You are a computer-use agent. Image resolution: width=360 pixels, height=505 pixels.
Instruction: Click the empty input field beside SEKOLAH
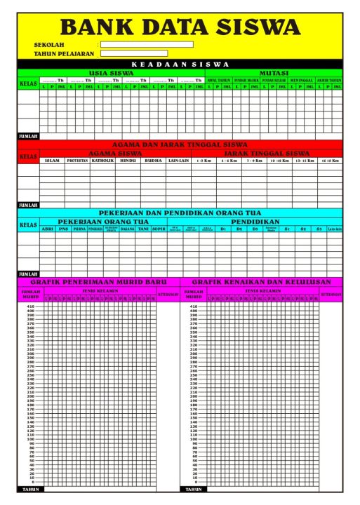coord(146,44)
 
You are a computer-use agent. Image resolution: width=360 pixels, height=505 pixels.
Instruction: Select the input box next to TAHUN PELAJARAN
coord(133,53)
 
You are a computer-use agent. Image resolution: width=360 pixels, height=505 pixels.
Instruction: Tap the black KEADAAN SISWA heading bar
coord(180,64)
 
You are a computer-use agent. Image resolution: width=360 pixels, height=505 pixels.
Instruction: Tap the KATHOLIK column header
coord(102,160)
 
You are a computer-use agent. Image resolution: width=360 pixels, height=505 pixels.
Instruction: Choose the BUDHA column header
coord(152,160)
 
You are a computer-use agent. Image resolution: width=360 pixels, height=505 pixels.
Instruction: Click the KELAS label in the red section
coord(28,156)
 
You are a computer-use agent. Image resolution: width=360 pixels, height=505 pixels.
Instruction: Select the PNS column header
coord(64,228)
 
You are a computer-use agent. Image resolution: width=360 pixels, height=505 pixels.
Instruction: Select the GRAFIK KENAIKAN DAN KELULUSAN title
coord(261,281)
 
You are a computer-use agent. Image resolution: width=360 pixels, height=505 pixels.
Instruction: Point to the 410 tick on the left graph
coord(30,307)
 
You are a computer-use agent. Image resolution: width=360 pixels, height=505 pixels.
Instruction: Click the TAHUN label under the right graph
coord(192,489)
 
